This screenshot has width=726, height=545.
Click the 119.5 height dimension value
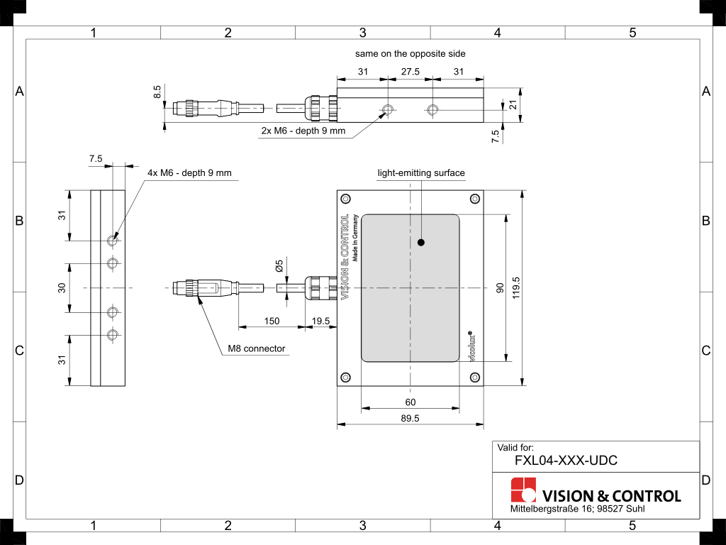click(x=516, y=288)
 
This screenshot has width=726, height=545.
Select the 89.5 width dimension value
click(x=411, y=418)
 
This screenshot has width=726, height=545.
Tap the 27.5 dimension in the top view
click(x=411, y=72)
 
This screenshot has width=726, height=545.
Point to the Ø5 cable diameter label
click(x=279, y=266)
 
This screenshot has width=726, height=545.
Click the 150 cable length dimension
click(x=272, y=321)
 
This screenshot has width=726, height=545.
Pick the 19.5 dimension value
click(x=321, y=321)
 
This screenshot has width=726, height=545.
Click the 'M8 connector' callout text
click(x=257, y=348)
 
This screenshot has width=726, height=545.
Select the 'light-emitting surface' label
click(x=421, y=173)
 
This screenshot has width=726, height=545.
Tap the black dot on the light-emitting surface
click(x=421, y=242)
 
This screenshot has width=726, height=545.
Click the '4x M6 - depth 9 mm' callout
click(x=189, y=173)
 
